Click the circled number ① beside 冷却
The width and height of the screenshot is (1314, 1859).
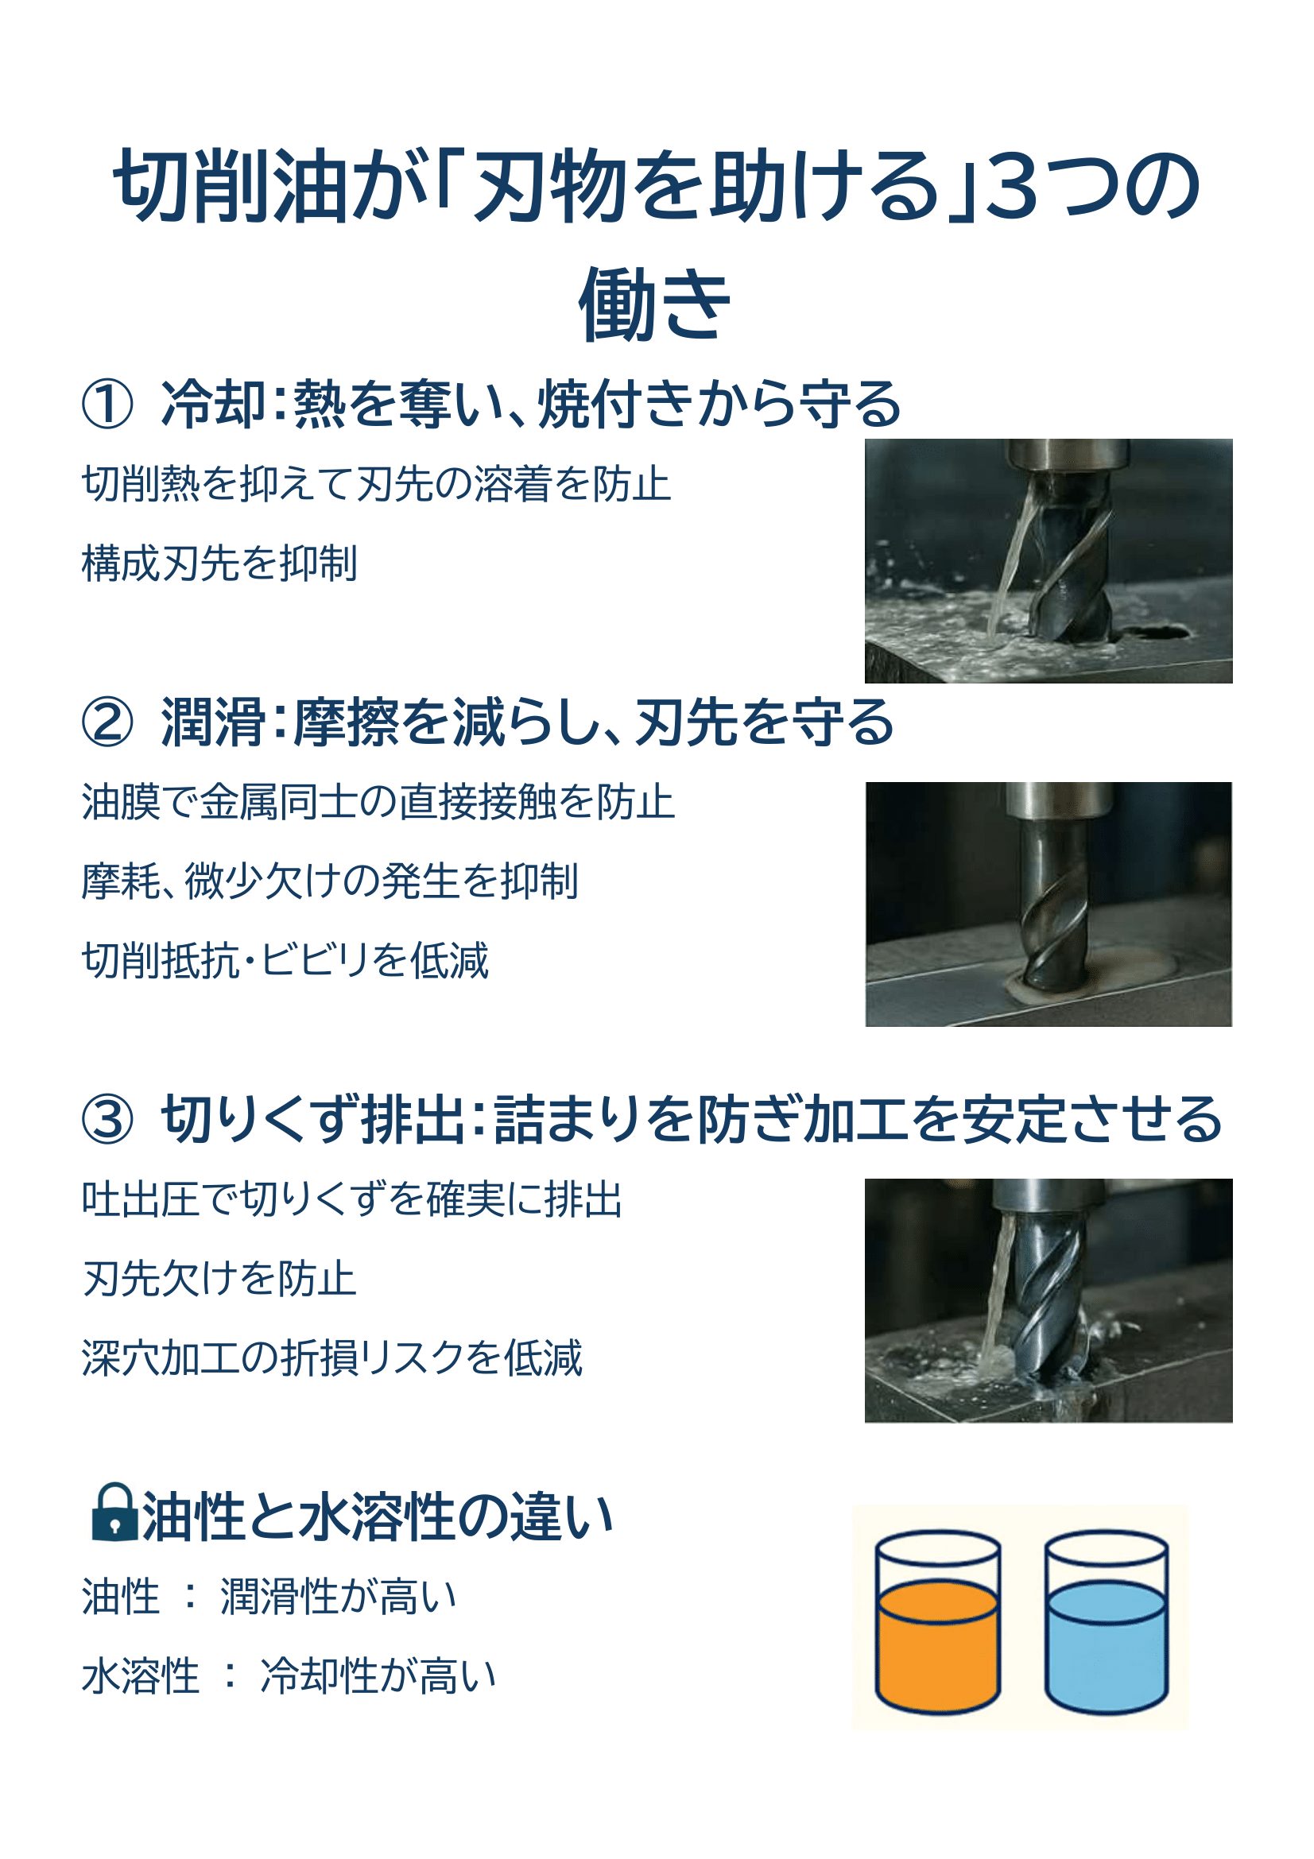click(107, 405)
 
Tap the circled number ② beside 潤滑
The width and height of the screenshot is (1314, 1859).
click(107, 723)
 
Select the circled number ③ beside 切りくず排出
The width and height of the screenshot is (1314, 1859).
click(107, 1120)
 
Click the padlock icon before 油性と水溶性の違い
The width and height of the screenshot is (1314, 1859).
click(115, 1512)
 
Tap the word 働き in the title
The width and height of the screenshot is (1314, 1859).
click(654, 304)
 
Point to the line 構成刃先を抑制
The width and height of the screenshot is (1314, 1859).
click(219, 563)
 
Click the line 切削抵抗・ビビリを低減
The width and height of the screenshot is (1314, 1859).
click(285, 960)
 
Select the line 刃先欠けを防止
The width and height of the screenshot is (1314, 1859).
click(219, 1279)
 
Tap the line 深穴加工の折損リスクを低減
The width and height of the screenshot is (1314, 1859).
click(332, 1357)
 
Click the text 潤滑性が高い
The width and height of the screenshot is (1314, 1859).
click(339, 1597)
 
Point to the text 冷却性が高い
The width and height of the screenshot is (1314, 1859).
click(378, 1675)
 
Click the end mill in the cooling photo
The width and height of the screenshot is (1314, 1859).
click(1068, 559)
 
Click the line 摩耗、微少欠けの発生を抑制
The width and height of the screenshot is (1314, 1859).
click(330, 881)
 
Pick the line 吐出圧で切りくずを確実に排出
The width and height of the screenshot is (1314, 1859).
click(352, 1199)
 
